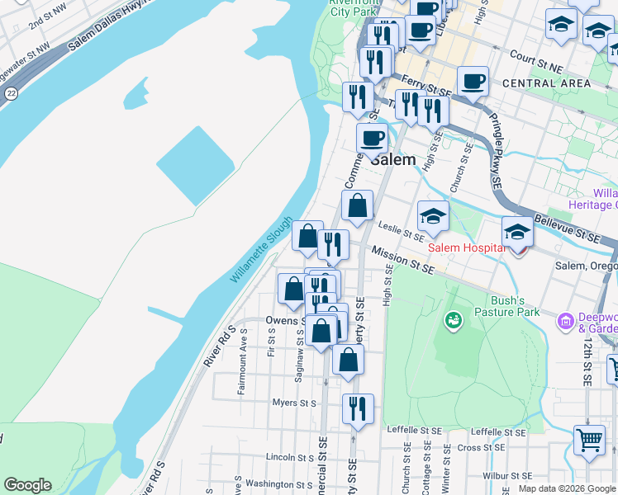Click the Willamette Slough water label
[262, 251]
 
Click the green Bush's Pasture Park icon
[453, 319]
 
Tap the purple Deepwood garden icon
[566, 320]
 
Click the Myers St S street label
[295, 403]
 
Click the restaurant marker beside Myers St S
[358, 408]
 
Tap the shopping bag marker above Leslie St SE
[358, 206]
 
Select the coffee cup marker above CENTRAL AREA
[473, 82]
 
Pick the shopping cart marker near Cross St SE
[589, 440]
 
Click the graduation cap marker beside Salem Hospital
[517, 233]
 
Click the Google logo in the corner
[27, 485]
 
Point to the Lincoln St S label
[286, 456]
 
